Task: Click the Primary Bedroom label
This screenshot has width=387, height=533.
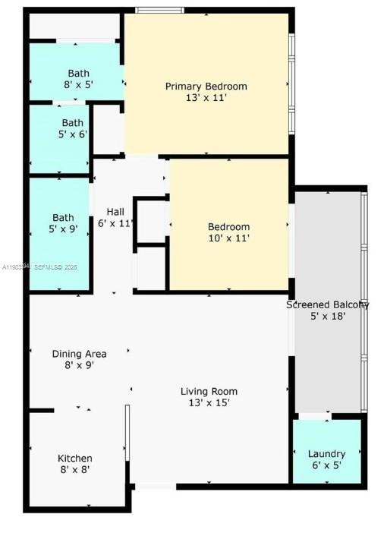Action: point(206,87)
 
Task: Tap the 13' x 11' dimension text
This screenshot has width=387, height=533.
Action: point(206,98)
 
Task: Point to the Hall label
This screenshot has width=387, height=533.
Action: point(115,212)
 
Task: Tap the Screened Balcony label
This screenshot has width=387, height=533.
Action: point(327,304)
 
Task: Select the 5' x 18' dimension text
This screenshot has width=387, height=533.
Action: point(327,316)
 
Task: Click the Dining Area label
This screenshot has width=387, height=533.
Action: point(79,354)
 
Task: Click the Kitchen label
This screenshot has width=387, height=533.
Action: point(75,458)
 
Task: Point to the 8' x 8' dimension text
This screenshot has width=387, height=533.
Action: point(75,470)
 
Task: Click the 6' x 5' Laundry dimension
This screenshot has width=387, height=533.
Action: point(326,465)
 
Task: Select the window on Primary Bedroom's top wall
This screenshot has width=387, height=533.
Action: point(159,11)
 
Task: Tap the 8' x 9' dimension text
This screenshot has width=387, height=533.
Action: point(79,365)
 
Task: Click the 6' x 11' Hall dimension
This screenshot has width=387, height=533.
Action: point(115,223)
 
